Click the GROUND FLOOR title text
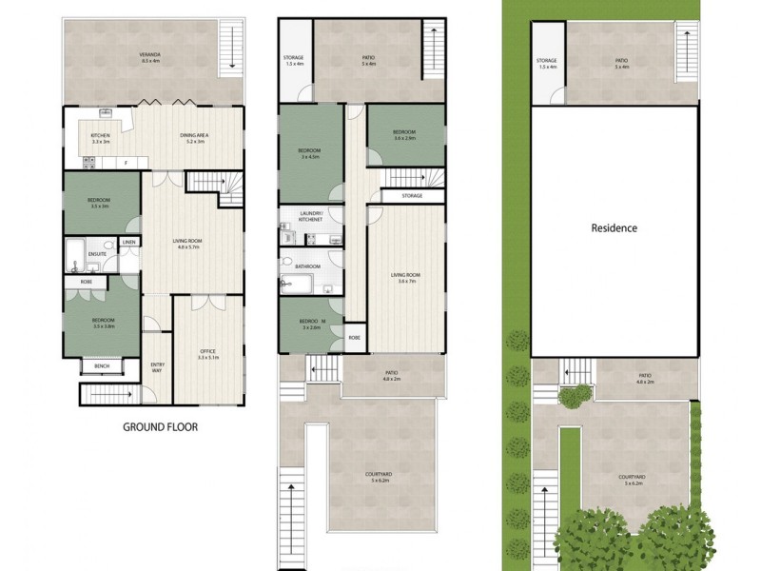click(x=160, y=427)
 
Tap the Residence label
click(x=614, y=228)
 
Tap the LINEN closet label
click(x=129, y=242)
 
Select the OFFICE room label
click(x=208, y=353)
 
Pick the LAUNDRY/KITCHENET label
click(x=310, y=216)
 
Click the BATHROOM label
click(x=307, y=266)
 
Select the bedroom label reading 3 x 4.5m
click(x=309, y=154)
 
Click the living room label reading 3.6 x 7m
click(x=406, y=278)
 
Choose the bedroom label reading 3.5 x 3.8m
click(x=104, y=323)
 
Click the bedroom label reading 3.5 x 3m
click(x=99, y=203)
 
